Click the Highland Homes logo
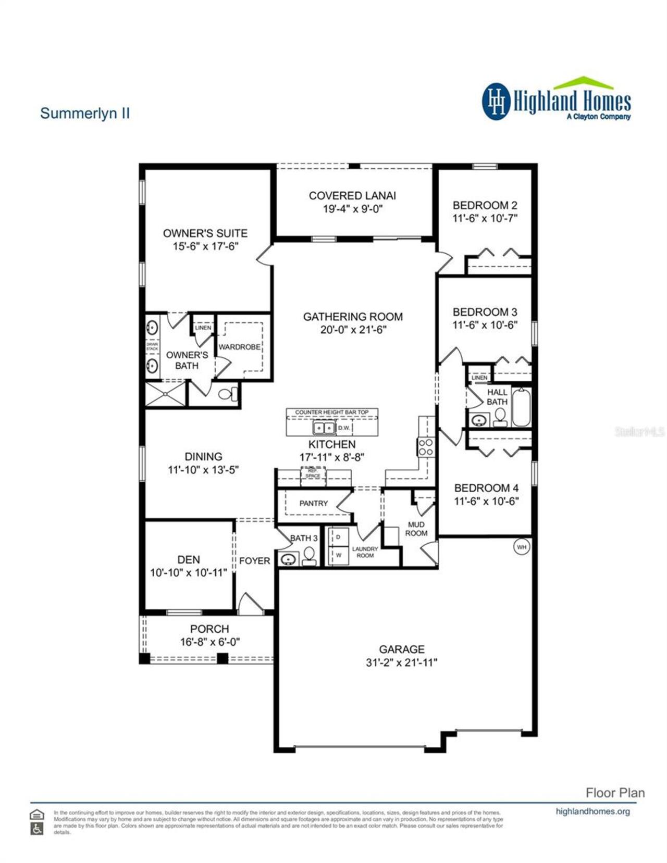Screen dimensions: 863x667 556,100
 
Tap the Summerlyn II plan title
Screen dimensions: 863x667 85,113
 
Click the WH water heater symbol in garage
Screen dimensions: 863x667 522,547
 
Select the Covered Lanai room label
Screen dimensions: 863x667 352,196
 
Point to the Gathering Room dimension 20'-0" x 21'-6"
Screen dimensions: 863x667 353,330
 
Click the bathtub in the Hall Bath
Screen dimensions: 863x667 521,407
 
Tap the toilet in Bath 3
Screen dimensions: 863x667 310,556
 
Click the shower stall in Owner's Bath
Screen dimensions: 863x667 165,394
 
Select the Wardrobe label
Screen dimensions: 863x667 239,347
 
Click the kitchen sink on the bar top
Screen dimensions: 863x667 324,428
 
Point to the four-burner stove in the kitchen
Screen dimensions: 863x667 425,447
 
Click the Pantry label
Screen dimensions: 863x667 313,503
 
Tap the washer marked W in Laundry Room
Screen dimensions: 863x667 338,555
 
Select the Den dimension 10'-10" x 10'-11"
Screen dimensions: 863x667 189,573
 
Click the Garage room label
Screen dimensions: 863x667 401,649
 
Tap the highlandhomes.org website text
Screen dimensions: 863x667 592,811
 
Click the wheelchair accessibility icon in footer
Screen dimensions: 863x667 36,829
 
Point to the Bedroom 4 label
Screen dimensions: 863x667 486,488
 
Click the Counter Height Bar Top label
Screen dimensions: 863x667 331,412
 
